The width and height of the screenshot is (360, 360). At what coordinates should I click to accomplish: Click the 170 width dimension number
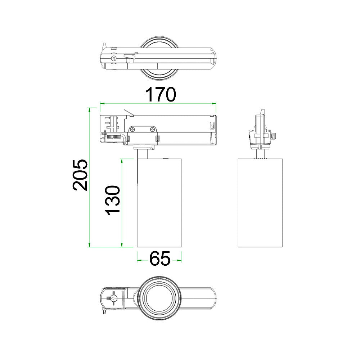click(x=161, y=94)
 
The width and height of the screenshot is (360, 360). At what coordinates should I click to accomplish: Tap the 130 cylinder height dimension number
click(x=112, y=201)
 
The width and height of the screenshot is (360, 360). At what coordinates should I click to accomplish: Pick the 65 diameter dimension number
click(x=160, y=258)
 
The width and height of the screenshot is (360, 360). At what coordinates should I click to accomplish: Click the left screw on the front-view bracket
click(x=133, y=130)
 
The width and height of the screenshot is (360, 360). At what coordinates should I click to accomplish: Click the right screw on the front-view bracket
click(x=152, y=130)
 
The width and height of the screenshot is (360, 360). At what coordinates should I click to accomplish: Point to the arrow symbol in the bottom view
click(x=114, y=298)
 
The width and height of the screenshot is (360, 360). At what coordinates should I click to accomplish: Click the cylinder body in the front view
click(x=159, y=203)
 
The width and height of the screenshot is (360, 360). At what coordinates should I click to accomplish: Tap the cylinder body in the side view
click(x=260, y=203)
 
